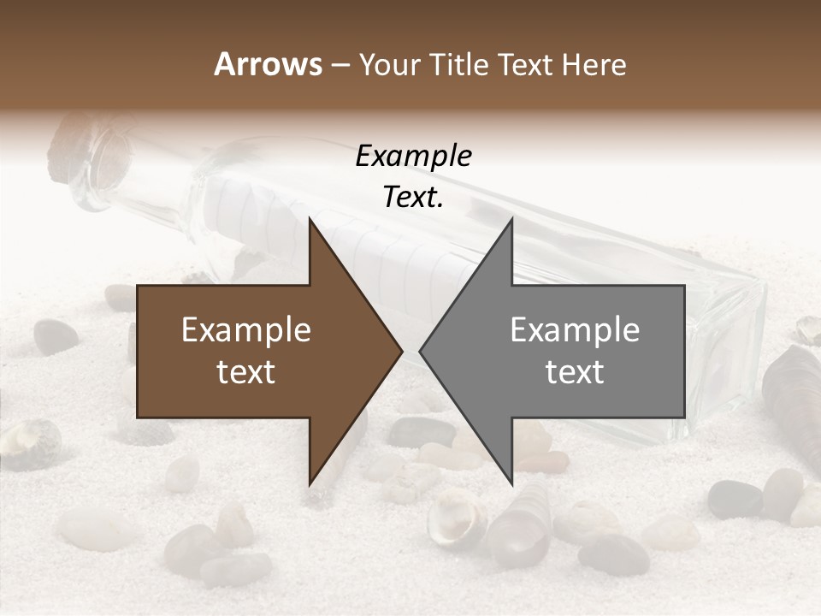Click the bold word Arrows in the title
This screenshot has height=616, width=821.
(x=269, y=64)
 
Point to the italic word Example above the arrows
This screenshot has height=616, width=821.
(x=414, y=157)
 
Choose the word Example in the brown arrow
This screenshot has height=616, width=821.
(x=246, y=330)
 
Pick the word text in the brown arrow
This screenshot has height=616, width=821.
(x=246, y=372)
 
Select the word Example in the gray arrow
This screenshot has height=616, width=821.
(x=575, y=330)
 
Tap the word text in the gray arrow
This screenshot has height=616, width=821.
(x=575, y=372)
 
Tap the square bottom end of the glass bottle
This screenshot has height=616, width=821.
(x=727, y=359)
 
